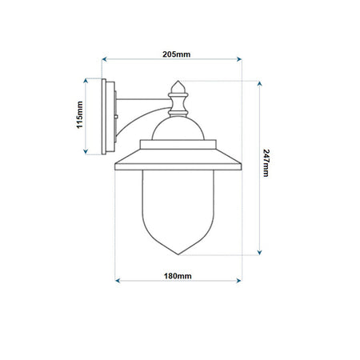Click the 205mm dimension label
pyautogui.click(x=176, y=54)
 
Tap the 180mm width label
pyautogui.click(x=177, y=275)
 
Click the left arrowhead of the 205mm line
pyautogui.click(x=103, y=60)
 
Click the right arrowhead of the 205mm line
pyautogui.click(x=238, y=60)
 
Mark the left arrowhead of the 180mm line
pyautogui.click(x=118, y=281)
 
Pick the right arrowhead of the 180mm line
pyautogui.click(x=238, y=281)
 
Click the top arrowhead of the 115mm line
pyautogui.click(x=87, y=80)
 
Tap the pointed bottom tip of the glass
pyautogui.click(x=178, y=254)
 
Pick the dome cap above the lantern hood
pyautogui.click(x=178, y=128)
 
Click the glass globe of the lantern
pyautogui.click(x=178, y=208)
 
